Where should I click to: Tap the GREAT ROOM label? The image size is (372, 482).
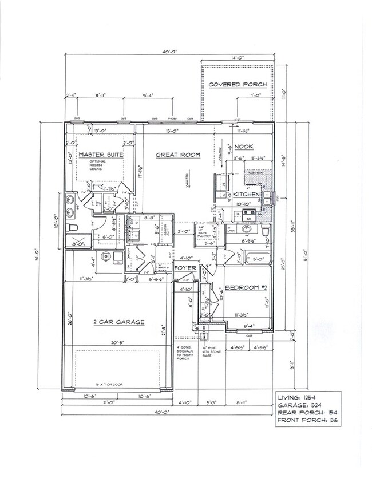click(179, 155)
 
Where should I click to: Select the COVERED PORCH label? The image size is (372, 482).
click(238, 85)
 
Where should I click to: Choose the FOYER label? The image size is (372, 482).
click(186, 268)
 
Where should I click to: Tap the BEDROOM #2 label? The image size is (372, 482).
click(246, 287)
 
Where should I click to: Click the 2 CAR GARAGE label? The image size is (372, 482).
click(118, 322)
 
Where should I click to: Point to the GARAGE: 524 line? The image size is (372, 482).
click(299, 405)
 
